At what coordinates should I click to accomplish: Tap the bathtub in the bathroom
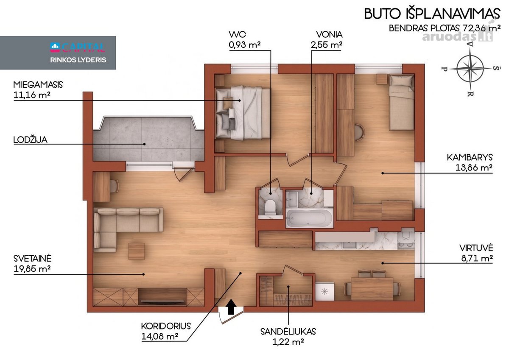pyautogui.click(x=310, y=218)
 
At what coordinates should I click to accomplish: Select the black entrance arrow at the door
pyautogui.click(x=231, y=307)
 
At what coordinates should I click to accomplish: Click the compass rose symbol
pyautogui.click(x=470, y=68)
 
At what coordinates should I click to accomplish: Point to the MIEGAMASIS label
pyautogui.click(x=38, y=85)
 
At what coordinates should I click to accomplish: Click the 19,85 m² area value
pyautogui.click(x=32, y=269)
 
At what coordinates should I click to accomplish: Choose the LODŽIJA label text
pyautogui.click(x=31, y=140)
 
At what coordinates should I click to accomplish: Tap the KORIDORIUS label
pyautogui.click(x=166, y=326)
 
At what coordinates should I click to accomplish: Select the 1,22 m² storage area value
pyautogui.click(x=288, y=342)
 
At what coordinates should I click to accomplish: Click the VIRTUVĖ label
pyautogui.click(x=476, y=248)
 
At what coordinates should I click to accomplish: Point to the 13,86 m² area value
pyautogui.click(x=474, y=167)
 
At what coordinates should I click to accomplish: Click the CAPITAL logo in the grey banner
pyautogui.click(x=78, y=47)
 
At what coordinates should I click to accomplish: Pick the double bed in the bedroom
pyautogui.click(x=243, y=112)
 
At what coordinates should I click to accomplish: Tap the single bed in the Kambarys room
pyautogui.click(x=402, y=103)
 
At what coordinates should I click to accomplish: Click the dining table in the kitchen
pyautogui.click(x=372, y=289)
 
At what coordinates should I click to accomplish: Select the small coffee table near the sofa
pyautogui.click(x=136, y=251)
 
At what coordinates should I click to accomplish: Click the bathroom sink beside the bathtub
pyautogui.click(x=291, y=199)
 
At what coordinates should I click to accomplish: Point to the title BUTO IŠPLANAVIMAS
pyautogui.click(x=432, y=14)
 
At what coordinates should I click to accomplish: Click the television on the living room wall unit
pyautogui.click(x=162, y=301)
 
